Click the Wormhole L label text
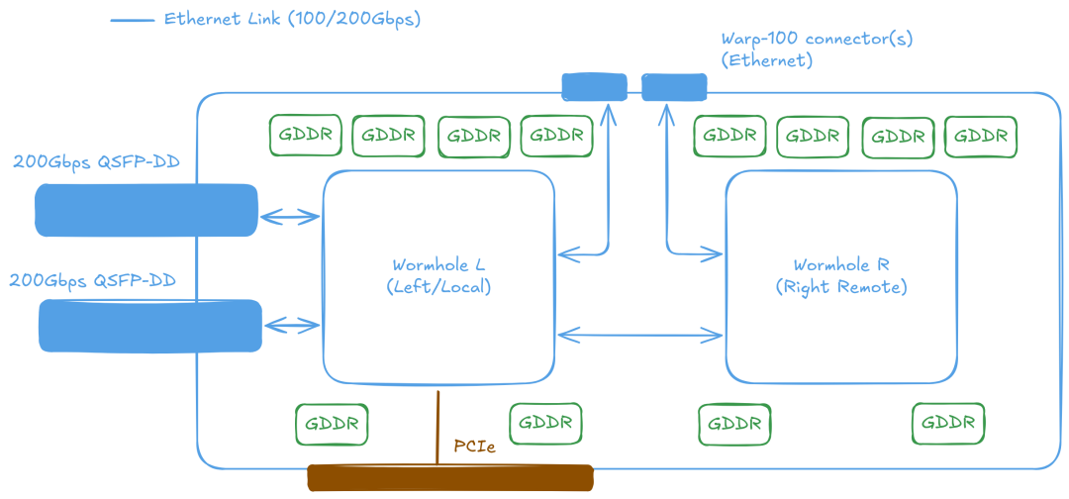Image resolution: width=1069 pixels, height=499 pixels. click(x=438, y=265)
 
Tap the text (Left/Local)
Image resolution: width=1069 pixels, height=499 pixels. click(x=438, y=287)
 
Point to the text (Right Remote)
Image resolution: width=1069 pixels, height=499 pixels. click(x=840, y=287)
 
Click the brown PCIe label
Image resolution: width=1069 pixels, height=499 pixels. click(x=474, y=447)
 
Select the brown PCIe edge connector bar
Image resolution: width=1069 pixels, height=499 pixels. click(x=449, y=478)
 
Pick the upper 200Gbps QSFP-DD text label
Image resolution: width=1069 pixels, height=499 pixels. click(x=96, y=161)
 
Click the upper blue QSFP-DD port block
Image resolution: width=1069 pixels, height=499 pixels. click(x=146, y=210)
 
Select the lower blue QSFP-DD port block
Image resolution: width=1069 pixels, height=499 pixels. click(x=149, y=326)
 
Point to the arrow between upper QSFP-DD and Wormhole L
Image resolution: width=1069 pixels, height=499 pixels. click(x=290, y=215)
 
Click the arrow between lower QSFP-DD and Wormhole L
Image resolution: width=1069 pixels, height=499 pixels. click(x=293, y=325)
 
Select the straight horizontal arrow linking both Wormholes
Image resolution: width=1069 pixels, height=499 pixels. click(x=639, y=335)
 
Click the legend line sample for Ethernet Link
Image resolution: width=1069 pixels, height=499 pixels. click(x=132, y=20)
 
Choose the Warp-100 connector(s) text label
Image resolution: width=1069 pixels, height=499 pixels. click(x=817, y=40)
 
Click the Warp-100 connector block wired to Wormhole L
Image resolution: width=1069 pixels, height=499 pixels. click(x=594, y=87)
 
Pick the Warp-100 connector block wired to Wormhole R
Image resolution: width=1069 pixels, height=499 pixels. click(x=674, y=87)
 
